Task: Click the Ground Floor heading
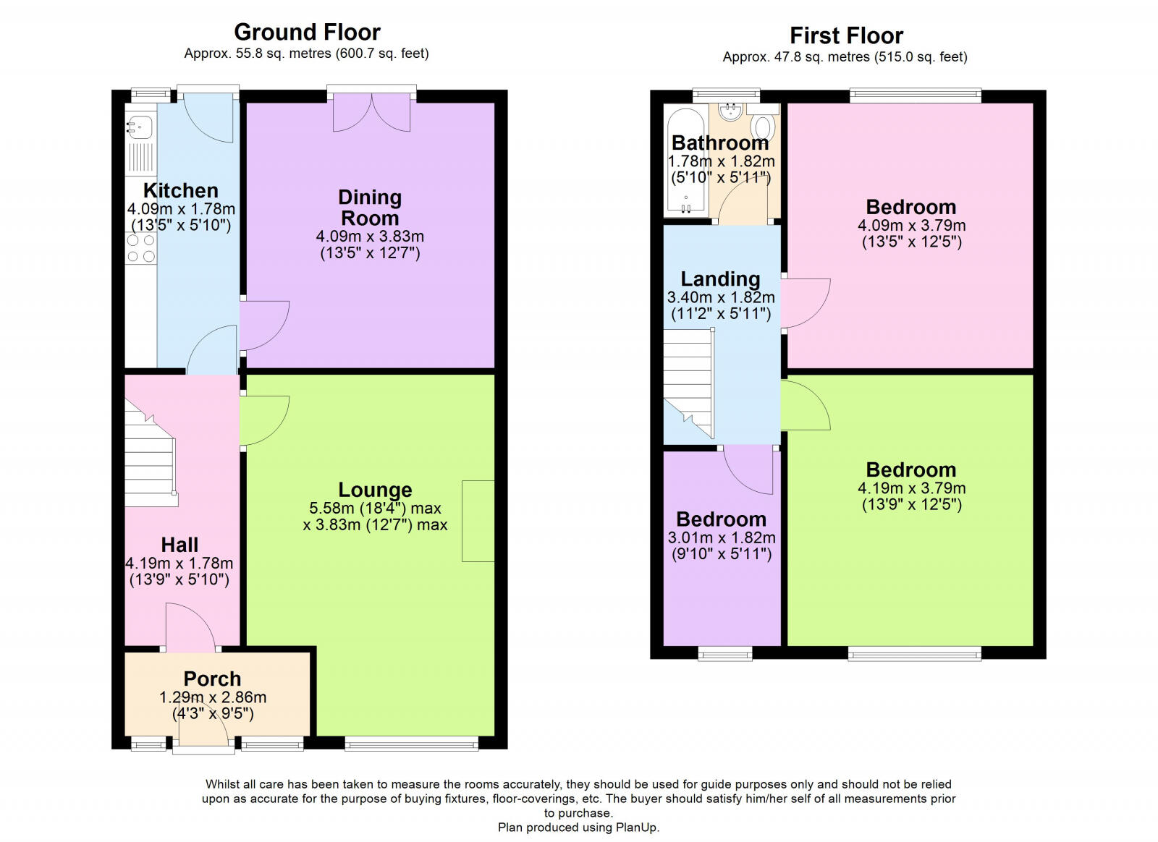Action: click(x=307, y=32)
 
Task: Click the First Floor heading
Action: click(x=846, y=35)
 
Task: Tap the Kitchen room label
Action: click(x=180, y=190)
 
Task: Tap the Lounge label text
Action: click(x=375, y=490)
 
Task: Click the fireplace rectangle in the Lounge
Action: click(x=478, y=521)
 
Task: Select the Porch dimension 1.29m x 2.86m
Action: click(x=213, y=697)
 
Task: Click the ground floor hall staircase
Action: click(x=150, y=456)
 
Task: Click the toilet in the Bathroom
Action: click(x=761, y=127)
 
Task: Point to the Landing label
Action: click(x=720, y=278)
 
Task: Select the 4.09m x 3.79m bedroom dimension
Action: click(x=911, y=225)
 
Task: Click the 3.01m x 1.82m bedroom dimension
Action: click(x=722, y=537)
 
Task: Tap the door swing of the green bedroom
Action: click(x=805, y=405)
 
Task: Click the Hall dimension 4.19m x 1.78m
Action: click(x=179, y=563)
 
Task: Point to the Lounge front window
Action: click(x=411, y=743)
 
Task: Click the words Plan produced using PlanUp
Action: click(x=578, y=827)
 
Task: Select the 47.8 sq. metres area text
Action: click(x=796, y=56)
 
